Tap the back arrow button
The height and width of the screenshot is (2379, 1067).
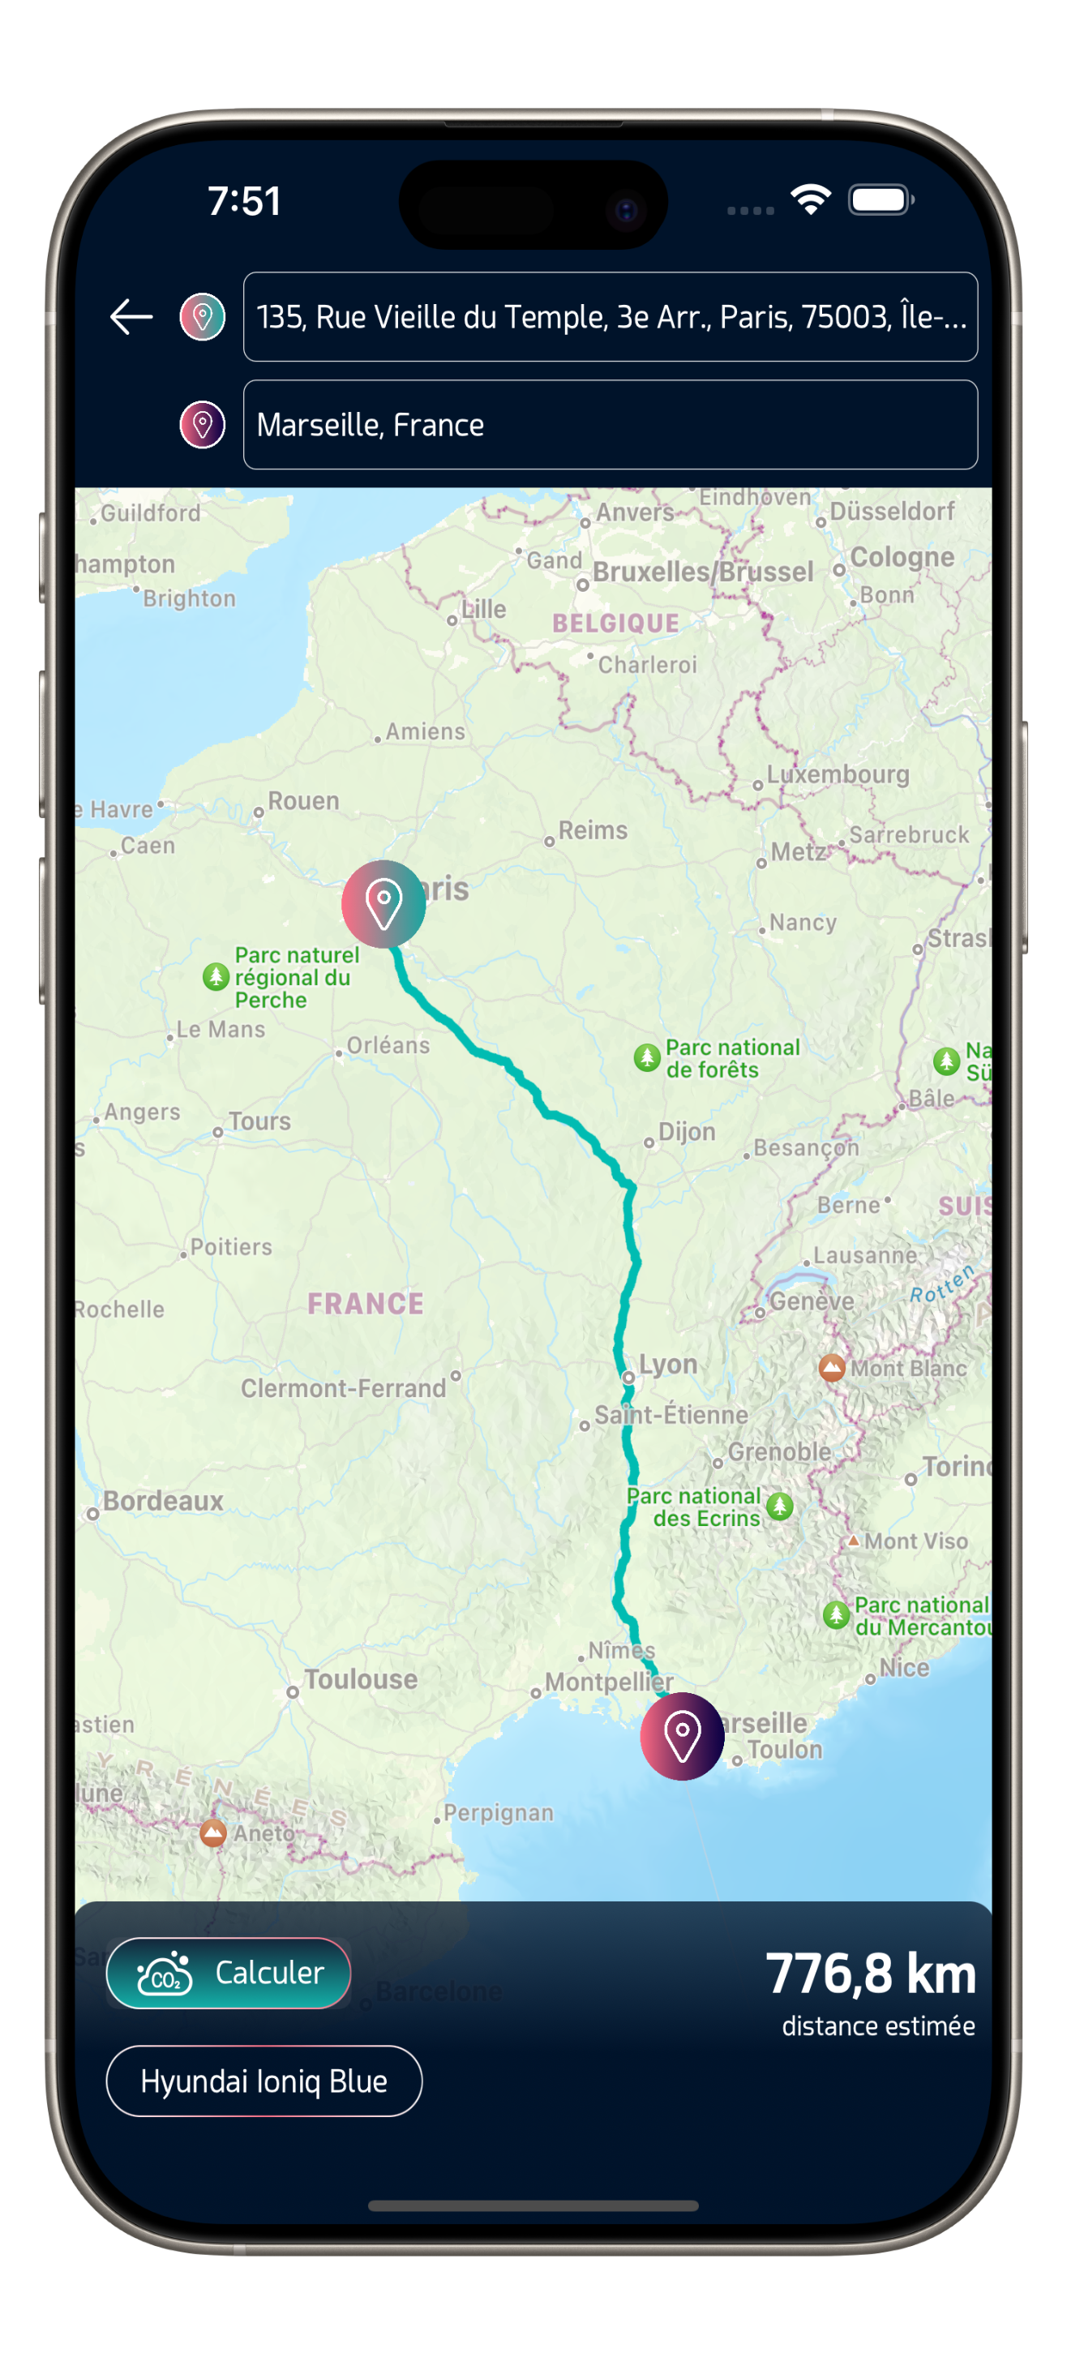tap(131, 317)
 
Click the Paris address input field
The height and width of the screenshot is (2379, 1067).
tap(610, 317)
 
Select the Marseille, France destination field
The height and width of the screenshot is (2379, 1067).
tap(610, 425)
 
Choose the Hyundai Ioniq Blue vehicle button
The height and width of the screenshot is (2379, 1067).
tap(264, 2081)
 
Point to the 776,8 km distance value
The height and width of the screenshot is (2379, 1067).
tap(870, 1974)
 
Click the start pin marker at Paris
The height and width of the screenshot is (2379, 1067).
tap(384, 903)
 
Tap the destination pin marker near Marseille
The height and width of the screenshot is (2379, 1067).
tap(682, 1736)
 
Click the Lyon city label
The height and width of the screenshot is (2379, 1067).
tap(668, 1364)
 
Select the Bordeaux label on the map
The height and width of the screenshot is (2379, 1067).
tap(163, 1501)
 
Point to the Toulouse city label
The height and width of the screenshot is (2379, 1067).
tap(360, 1679)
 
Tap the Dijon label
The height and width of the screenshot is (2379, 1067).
tap(687, 1131)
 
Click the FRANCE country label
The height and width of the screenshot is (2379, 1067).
tap(366, 1303)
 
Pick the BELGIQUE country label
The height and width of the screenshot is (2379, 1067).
tap(615, 624)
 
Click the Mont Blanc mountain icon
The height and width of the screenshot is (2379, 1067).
tap(831, 1368)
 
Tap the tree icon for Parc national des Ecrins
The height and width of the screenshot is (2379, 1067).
tap(780, 1507)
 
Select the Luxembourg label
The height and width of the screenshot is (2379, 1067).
tap(837, 774)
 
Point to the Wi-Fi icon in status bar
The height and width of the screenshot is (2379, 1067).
tap(810, 199)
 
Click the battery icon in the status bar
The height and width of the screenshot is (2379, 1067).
tap(881, 199)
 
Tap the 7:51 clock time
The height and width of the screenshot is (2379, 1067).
tap(244, 201)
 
